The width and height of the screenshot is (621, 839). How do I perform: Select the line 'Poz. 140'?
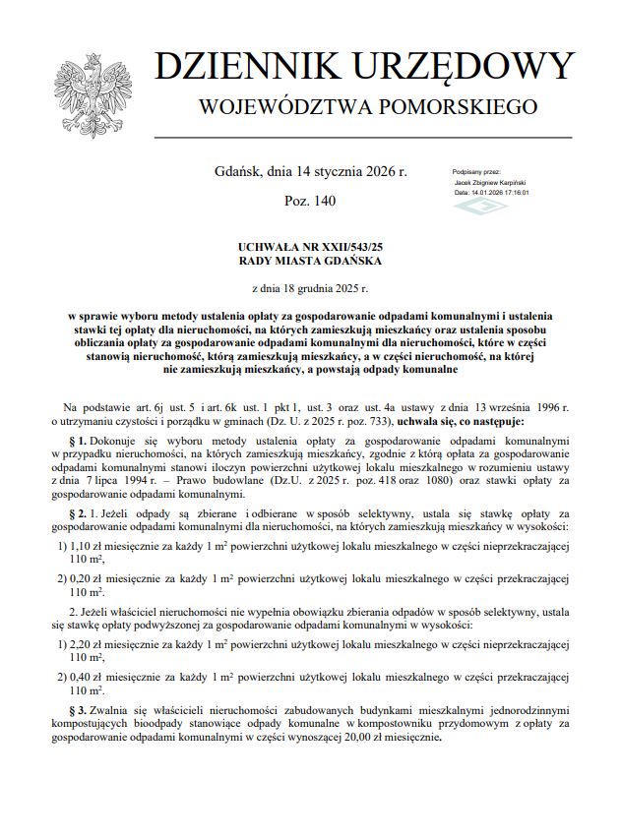(x=310, y=201)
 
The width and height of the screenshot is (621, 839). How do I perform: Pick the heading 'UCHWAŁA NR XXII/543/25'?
(x=309, y=250)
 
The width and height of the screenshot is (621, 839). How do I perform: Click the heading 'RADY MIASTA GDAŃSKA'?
(x=309, y=263)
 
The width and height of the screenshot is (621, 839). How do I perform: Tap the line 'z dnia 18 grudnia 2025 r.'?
(x=309, y=289)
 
